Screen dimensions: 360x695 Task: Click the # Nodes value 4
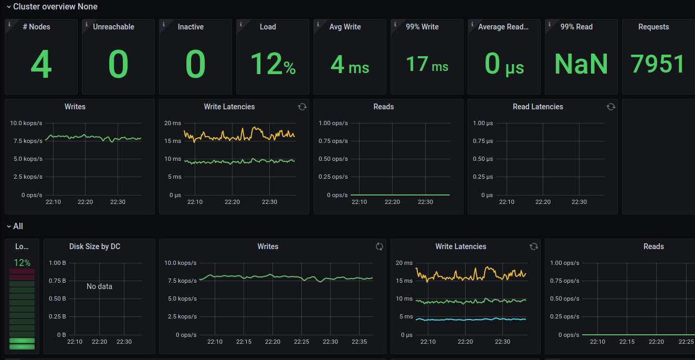click(41, 65)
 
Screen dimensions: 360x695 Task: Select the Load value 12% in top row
click(272, 65)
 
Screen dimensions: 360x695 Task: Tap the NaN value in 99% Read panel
click(581, 64)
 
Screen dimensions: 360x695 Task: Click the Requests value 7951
click(658, 64)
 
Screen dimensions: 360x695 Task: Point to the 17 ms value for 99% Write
click(427, 65)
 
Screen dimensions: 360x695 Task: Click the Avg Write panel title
click(345, 27)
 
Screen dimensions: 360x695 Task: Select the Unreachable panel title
click(113, 27)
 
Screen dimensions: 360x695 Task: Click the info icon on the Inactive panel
click(164, 24)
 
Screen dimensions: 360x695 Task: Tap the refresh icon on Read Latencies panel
click(611, 107)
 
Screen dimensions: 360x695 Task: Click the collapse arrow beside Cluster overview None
click(8, 7)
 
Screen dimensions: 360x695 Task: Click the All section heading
click(18, 227)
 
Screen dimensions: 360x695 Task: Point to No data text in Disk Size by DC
click(99, 286)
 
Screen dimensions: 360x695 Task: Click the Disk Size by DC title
click(94, 246)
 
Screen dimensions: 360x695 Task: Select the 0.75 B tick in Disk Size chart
click(57, 281)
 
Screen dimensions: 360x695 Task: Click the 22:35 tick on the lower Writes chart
click(359, 342)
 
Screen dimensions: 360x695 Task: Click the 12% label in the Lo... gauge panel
click(22, 263)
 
